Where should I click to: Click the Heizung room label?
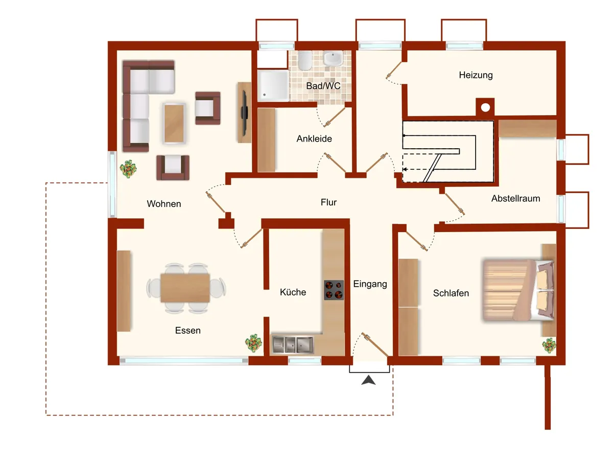[476, 75]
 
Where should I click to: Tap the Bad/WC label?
[323, 86]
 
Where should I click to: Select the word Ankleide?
[314, 139]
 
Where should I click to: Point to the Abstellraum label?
[515, 199]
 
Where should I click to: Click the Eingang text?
[370, 284]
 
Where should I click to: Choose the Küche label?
[293, 292]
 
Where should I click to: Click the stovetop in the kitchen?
[334, 290]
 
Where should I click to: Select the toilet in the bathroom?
[304, 60]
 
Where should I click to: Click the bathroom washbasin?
[333, 58]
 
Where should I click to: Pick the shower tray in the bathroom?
[273, 85]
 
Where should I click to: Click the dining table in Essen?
[185, 288]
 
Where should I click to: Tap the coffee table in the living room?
[174, 123]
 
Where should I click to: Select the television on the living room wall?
[245, 112]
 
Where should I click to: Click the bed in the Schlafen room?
[518, 290]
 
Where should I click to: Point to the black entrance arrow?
[368, 380]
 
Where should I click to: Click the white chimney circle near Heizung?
[485, 107]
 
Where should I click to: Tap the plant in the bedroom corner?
[549, 346]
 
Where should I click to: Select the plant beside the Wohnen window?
[128, 169]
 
